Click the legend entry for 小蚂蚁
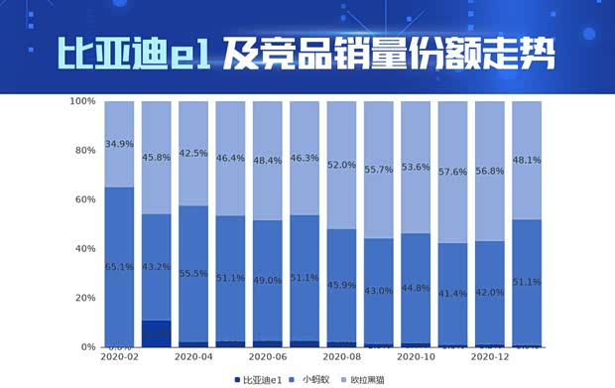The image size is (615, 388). click(x=315, y=379)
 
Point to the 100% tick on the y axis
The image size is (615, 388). click(x=82, y=101)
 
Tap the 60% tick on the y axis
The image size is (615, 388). click(x=85, y=199)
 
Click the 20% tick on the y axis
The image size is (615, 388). click(x=85, y=298)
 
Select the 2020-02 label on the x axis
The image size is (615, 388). click(x=119, y=356)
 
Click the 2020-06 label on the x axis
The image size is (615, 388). click(x=268, y=356)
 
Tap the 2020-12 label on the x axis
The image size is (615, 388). click(x=490, y=356)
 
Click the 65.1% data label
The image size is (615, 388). click(x=119, y=266)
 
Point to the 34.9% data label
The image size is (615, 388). click(x=119, y=144)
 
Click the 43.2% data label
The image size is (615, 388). click(x=157, y=266)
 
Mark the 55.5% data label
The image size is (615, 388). click(x=193, y=273)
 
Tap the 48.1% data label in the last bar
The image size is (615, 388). click(x=527, y=160)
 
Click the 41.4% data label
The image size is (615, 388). click(x=452, y=294)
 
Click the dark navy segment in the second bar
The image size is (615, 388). click(x=157, y=332)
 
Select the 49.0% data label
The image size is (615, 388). click(x=268, y=280)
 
